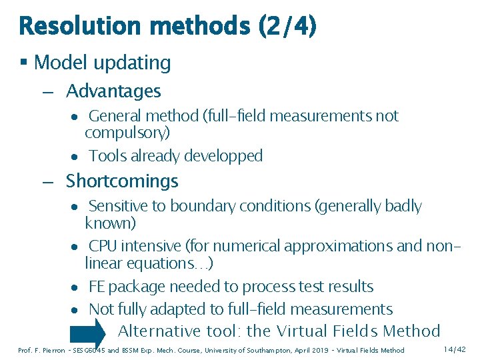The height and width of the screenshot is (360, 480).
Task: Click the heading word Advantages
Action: click(113, 91)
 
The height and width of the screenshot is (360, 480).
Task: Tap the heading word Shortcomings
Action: click(122, 181)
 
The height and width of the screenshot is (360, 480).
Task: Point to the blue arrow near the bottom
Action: click(89, 331)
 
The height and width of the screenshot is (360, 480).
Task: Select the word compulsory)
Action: click(127, 133)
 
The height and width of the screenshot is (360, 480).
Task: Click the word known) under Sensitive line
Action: click(111, 223)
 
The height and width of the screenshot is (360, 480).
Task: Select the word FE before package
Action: click(97, 287)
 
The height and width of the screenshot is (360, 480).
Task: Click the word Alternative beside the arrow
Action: click(159, 331)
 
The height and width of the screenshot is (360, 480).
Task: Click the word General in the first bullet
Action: click(116, 116)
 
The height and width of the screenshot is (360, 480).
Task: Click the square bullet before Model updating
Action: click(23, 63)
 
